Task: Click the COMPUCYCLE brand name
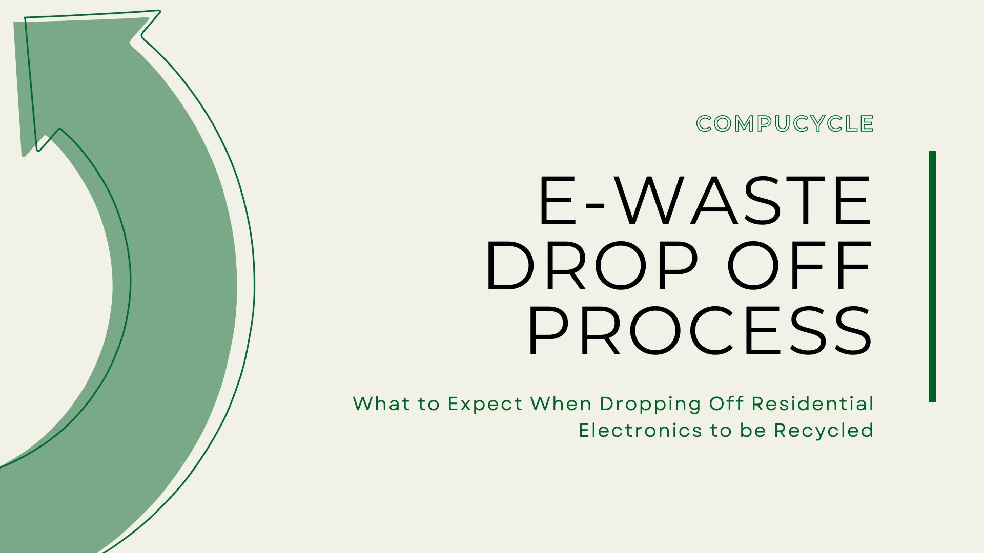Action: (x=785, y=124)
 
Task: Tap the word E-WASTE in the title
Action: (x=705, y=201)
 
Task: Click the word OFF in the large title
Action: (x=799, y=266)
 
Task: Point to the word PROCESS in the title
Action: (x=700, y=331)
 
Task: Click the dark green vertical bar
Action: (x=932, y=276)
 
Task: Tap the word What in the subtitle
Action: (x=381, y=403)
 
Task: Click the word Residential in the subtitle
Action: (x=812, y=403)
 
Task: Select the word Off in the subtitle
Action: (x=726, y=403)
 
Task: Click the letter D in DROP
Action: (x=510, y=266)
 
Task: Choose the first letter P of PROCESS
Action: (x=548, y=331)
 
